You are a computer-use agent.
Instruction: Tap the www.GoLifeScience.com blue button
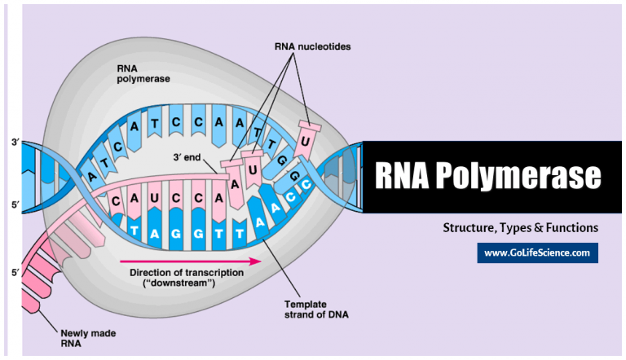click(537, 253)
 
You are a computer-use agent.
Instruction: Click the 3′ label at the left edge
click(15, 142)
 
